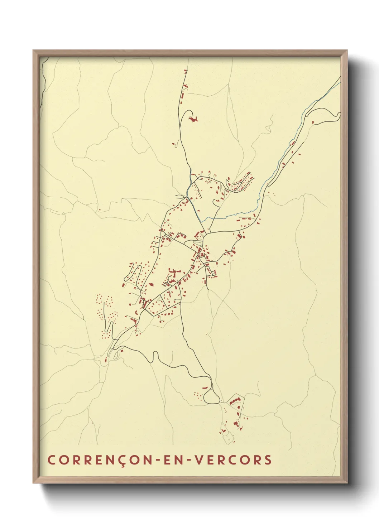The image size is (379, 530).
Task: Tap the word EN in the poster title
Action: coord(171,460)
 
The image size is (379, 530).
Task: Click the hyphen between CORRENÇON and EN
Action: coord(157,460)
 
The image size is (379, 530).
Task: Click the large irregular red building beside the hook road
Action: coord(193,119)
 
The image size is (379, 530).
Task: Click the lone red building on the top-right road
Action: coord(314,122)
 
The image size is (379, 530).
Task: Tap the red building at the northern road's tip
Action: coord(185,71)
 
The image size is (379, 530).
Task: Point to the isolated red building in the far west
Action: coord(100,210)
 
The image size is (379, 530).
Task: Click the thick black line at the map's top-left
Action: coord(42,86)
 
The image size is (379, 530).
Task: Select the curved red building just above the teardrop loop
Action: coord(205,388)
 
